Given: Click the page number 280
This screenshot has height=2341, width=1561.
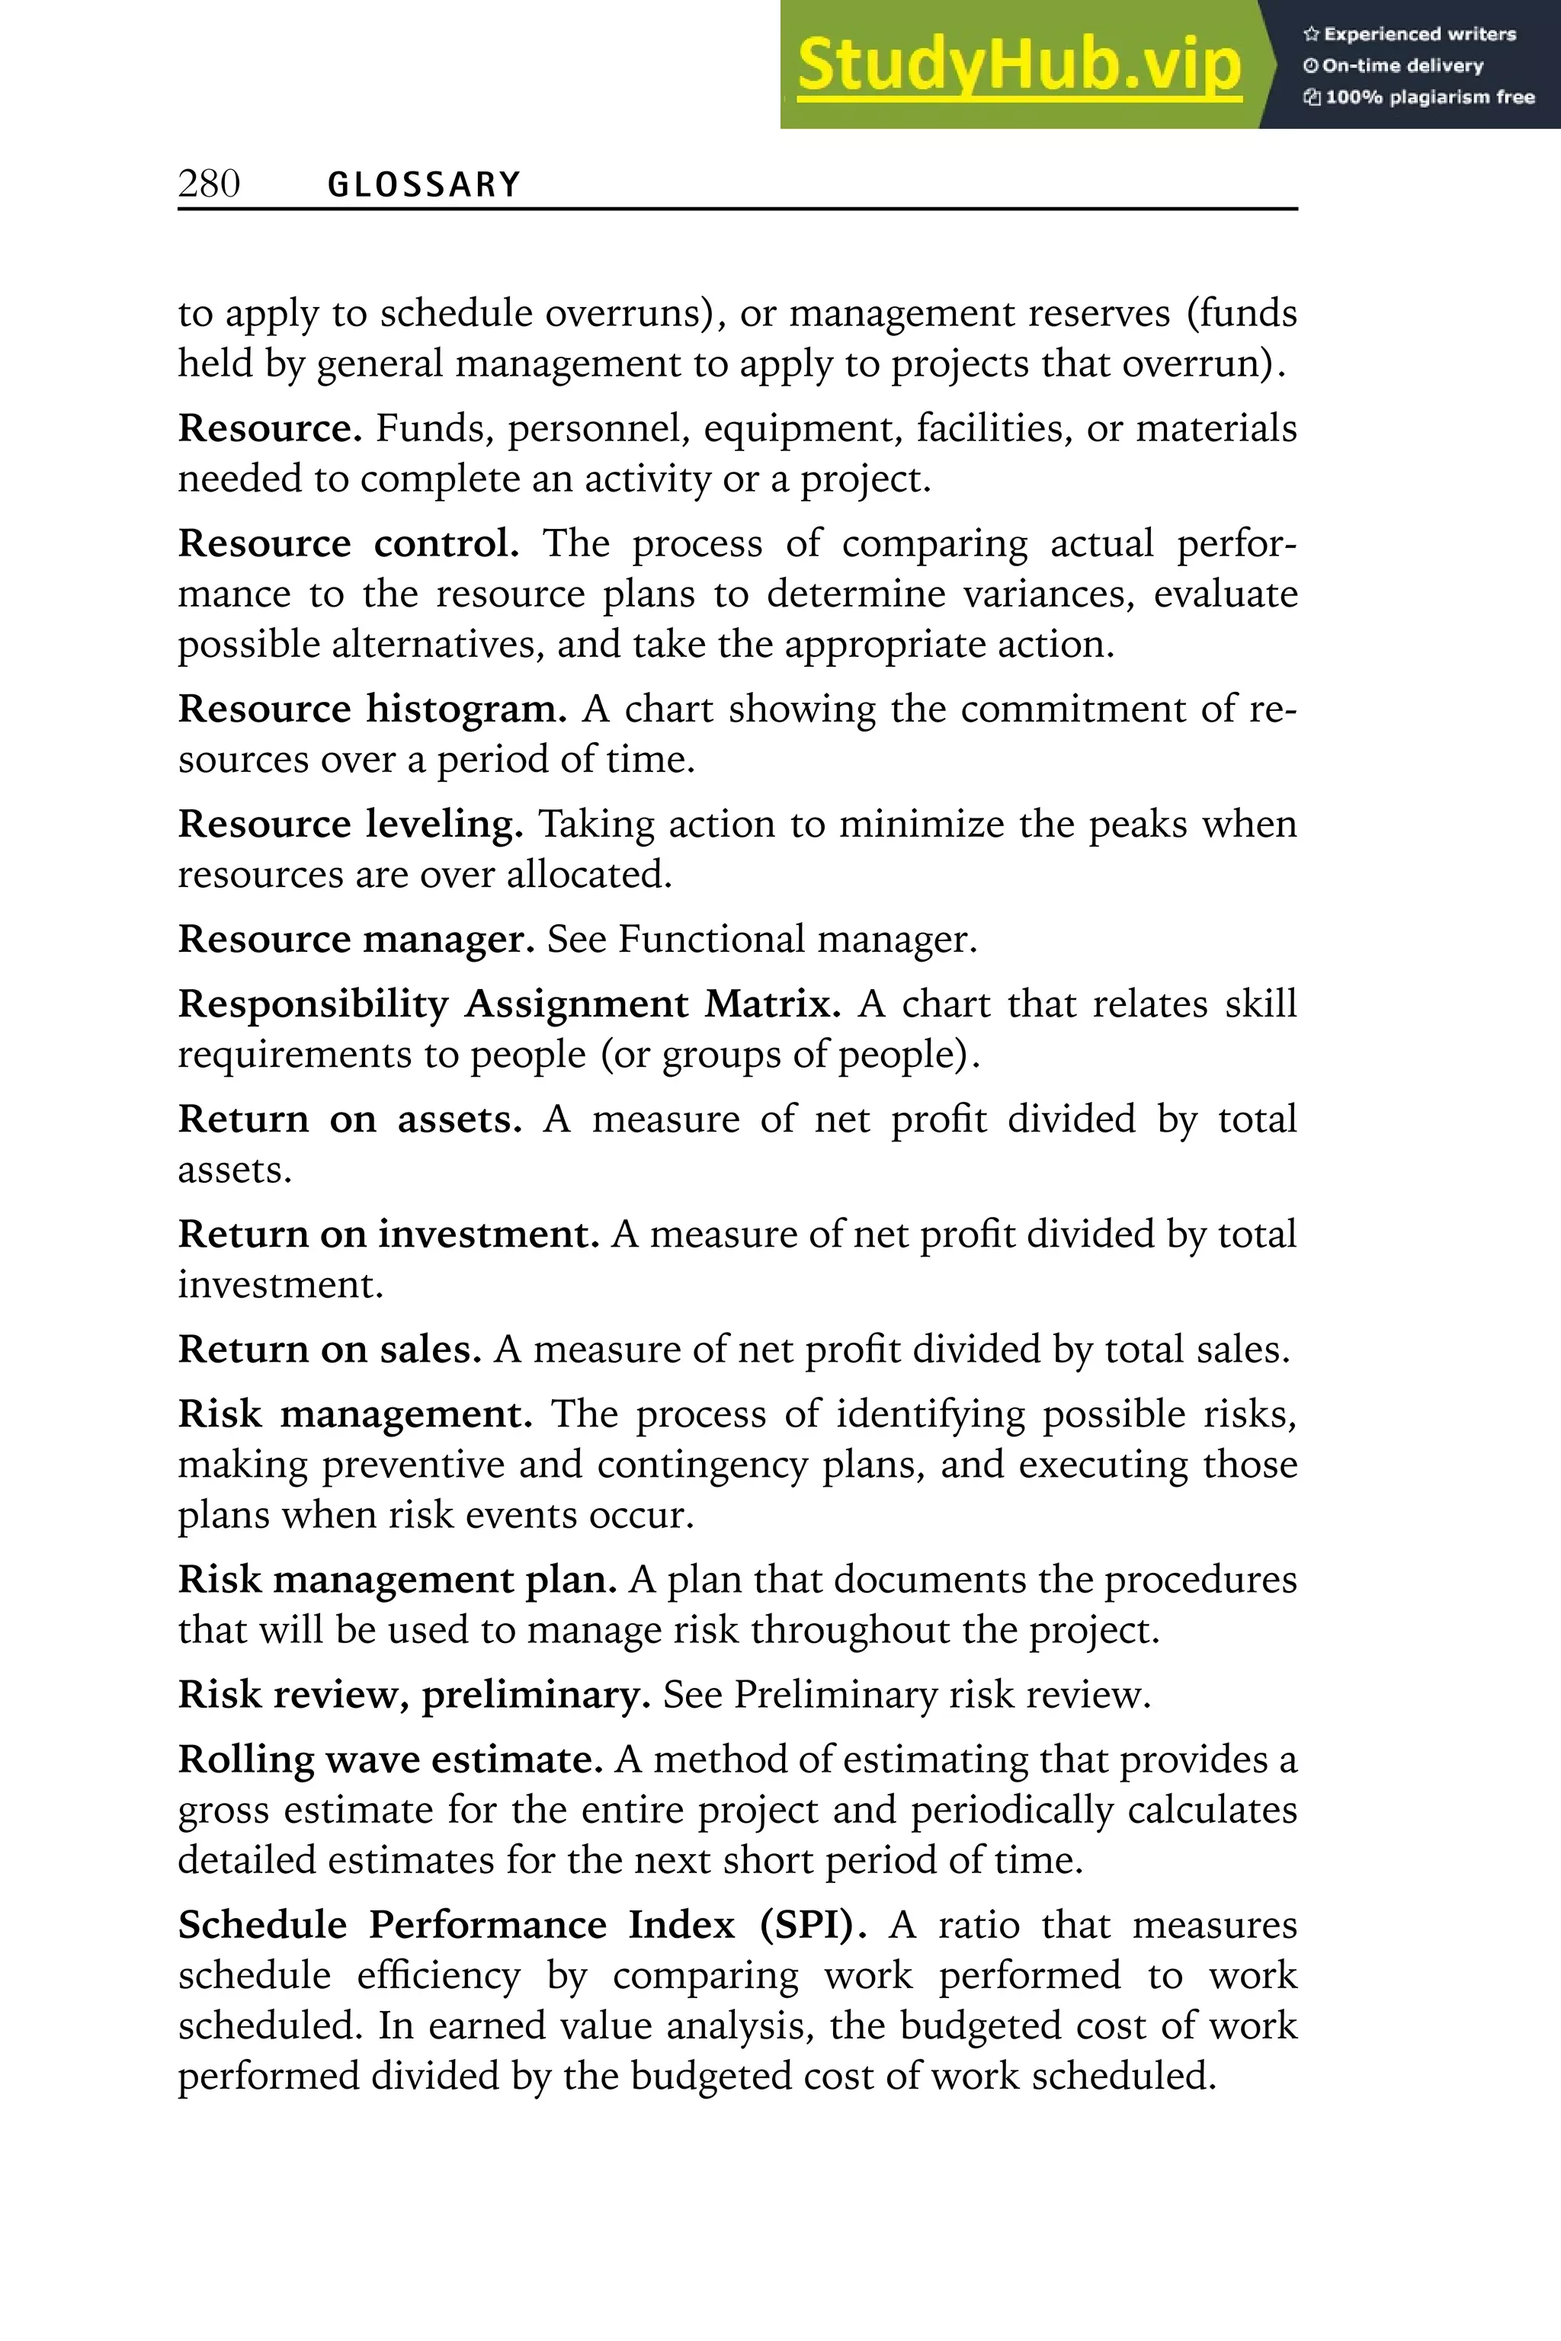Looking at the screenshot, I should pos(209,184).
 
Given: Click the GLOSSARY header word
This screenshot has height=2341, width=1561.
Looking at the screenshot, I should pos(424,185).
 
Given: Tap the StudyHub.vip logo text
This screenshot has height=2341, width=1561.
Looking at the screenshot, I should pos(1019,66).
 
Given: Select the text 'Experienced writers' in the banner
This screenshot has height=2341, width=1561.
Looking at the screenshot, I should pos(1418,34).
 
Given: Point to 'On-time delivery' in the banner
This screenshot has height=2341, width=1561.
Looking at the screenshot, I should pos(1402,66).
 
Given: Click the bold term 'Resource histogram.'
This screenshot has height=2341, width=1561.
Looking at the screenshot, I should pos(372,709).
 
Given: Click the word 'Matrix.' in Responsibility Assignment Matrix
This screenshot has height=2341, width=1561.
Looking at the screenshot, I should pos(773,1004).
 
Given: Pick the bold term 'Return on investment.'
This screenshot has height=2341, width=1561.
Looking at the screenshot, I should pos(388,1235).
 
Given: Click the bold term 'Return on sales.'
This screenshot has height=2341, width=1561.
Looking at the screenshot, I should pos(329,1350).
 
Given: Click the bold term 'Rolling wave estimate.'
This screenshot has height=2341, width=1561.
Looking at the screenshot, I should pos(390,1760).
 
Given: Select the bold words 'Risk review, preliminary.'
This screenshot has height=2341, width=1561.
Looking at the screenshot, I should pos(414,1695).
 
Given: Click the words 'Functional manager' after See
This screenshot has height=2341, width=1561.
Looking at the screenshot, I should pos(796,940).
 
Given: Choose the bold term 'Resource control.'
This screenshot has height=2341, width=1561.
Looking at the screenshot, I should pos(348,544).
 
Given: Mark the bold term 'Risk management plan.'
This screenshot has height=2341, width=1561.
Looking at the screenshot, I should pos(397,1580).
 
